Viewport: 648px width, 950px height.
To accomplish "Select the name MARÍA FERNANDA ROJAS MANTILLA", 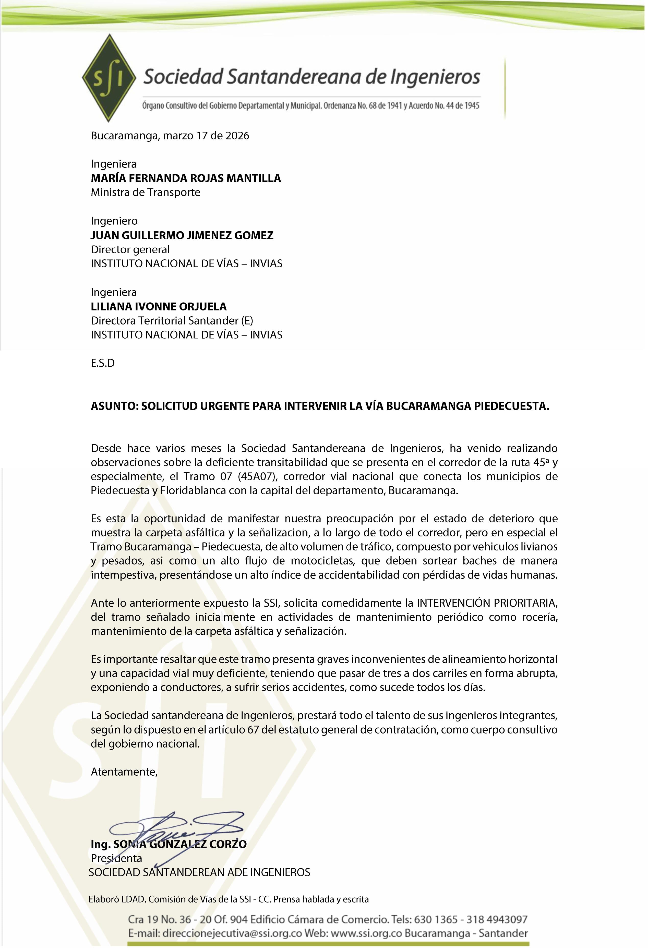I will point(186,178).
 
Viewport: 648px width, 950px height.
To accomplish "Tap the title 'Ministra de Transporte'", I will point(146,193).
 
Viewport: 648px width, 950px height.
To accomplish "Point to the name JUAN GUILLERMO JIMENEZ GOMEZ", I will point(182,235).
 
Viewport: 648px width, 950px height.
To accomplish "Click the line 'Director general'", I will point(130,249).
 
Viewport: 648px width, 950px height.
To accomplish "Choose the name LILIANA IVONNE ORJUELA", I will point(159,307).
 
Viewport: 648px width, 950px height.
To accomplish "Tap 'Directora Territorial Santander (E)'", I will point(172,321).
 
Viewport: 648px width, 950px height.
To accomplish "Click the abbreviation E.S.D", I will point(103,363).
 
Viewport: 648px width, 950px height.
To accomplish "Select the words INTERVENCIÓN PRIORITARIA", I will point(487,603).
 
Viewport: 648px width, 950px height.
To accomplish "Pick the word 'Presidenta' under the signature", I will point(116,858).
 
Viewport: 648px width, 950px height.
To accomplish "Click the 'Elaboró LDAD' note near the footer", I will point(116,899).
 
